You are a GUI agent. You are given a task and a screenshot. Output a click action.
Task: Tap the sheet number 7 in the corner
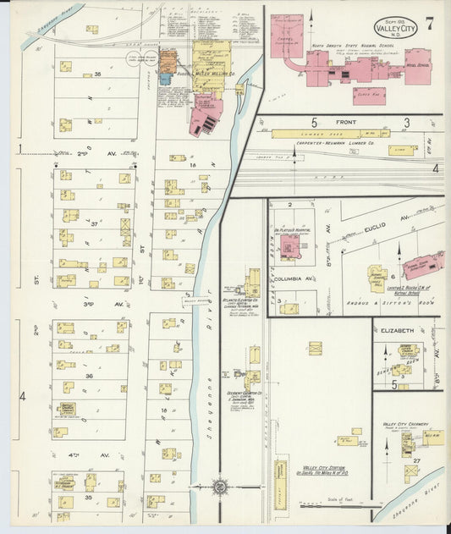[430, 23]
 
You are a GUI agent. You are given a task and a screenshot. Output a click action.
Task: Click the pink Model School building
[418, 66]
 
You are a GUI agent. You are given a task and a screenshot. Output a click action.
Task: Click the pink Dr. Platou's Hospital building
[291, 245]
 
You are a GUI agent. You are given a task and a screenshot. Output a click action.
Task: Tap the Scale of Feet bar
[334, 506]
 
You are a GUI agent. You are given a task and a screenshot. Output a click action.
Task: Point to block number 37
[95, 224]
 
